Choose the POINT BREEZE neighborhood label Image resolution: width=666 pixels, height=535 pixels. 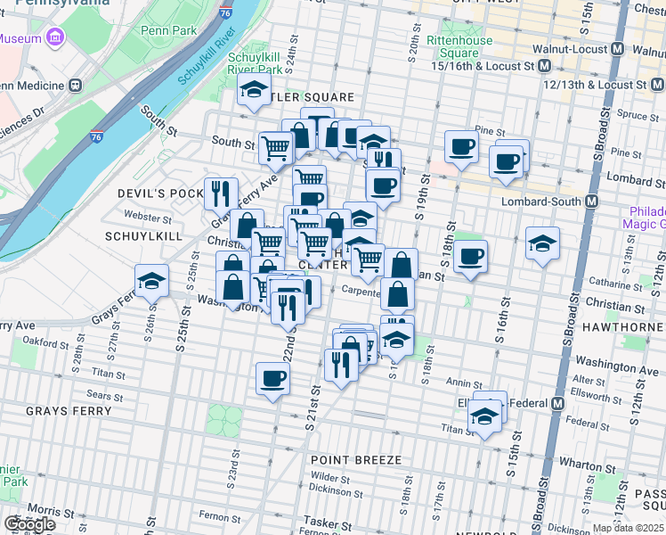pos(356,460)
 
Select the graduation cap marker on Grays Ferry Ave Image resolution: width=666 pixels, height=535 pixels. pos(152,280)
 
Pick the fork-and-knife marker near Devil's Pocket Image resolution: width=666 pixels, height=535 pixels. pos(220,192)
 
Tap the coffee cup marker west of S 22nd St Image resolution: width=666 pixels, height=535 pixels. pos(272,378)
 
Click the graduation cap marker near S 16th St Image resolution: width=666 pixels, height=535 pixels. pos(542,243)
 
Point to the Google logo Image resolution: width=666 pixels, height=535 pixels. pos(29,524)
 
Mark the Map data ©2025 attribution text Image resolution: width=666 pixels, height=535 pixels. pos(629,528)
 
